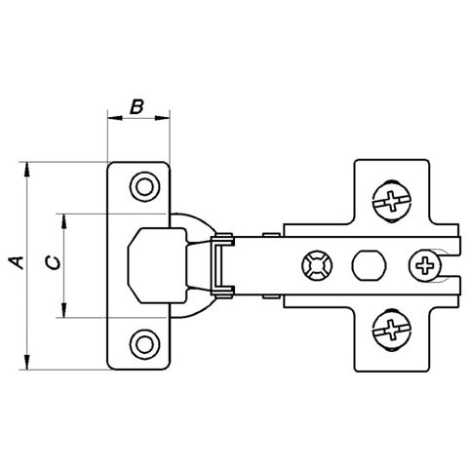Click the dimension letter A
point(17,262)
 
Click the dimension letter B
point(137,107)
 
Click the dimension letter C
point(53,262)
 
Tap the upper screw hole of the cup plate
point(144,187)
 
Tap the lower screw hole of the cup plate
point(144,344)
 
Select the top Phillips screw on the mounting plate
point(392,200)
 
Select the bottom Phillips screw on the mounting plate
point(392,330)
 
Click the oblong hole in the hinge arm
point(369,265)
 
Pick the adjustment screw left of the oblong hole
point(317,265)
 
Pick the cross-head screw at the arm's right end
point(425,265)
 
